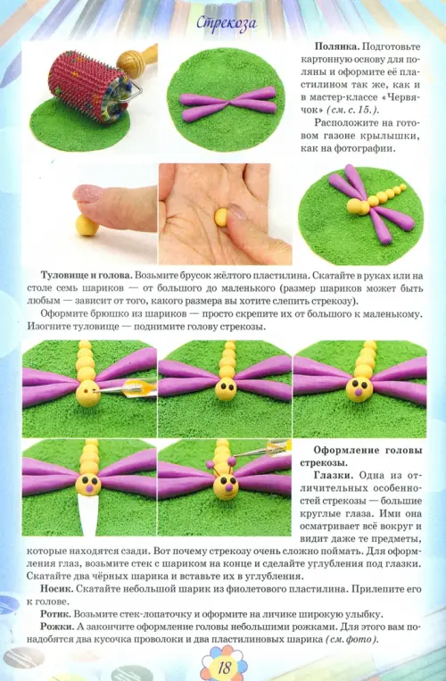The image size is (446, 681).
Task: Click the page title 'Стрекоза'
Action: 226,23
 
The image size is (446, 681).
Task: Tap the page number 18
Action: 224,667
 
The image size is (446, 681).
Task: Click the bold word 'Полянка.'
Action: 336,46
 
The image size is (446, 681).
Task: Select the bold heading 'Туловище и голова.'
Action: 87,276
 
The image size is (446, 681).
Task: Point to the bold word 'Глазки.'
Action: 334,475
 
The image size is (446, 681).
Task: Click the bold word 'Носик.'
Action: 57,589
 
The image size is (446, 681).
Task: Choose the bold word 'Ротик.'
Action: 55,614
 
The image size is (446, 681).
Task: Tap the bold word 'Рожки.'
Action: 58,627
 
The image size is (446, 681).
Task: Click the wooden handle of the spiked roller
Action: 136,61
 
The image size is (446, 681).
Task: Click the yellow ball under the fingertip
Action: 87,225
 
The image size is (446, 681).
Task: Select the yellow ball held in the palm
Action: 222,217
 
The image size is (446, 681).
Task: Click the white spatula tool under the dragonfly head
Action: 88,515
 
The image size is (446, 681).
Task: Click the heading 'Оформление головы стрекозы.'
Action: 361,456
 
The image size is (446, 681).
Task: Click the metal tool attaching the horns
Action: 263,450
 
